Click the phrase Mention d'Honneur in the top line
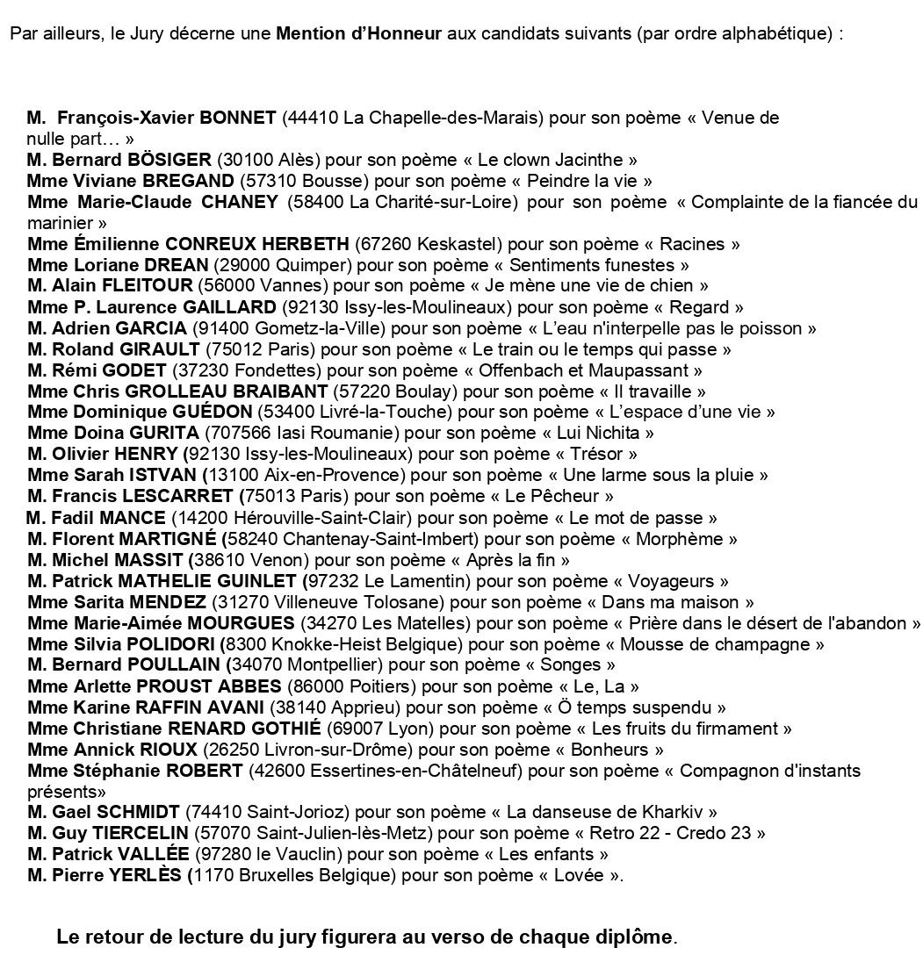click(x=358, y=34)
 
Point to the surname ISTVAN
click(x=163, y=475)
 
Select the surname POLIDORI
click(x=176, y=643)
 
